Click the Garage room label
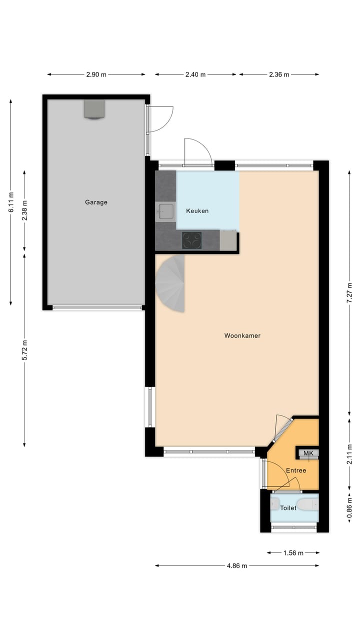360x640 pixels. click(96, 202)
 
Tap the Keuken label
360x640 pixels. click(197, 211)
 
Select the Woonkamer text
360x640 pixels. click(242, 336)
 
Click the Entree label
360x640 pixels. click(295, 470)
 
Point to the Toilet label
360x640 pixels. click(288, 508)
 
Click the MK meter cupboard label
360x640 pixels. click(308, 453)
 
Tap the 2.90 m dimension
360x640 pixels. click(96, 74)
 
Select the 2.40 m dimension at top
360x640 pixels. click(195, 74)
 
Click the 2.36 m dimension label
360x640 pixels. click(279, 74)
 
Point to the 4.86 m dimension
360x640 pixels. click(237, 565)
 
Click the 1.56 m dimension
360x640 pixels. click(293, 553)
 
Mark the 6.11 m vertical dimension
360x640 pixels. click(11, 202)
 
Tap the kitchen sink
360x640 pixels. click(165, 211)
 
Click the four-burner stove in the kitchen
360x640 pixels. click(191, 240)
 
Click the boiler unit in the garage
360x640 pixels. click(94, 109)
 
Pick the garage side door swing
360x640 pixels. click(160, 119)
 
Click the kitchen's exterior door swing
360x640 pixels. click(198, 151)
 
